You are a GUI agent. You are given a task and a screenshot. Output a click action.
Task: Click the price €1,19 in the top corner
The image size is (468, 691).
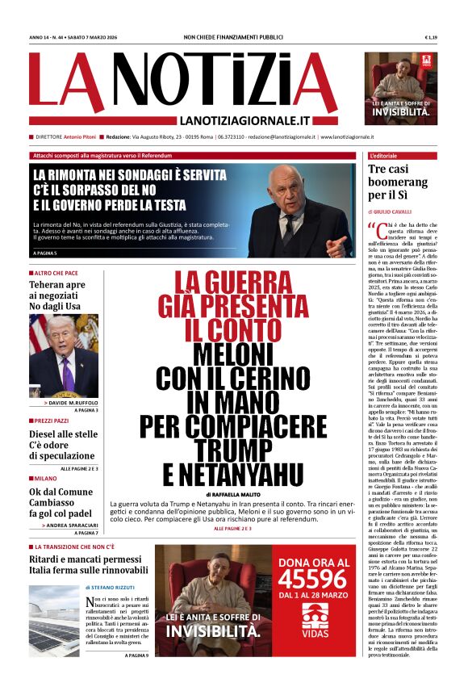432,37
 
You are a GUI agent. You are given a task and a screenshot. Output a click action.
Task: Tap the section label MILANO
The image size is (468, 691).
47,478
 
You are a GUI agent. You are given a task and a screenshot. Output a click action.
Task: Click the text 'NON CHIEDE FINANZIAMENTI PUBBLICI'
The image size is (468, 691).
234,37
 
